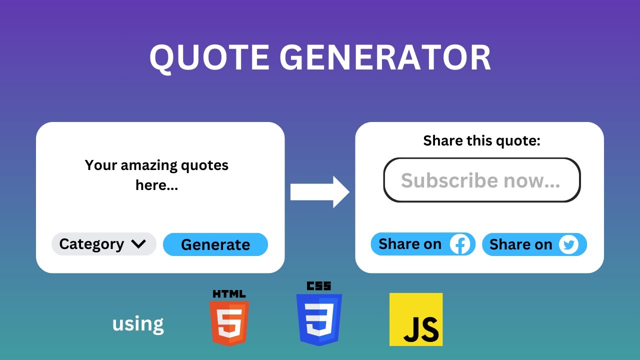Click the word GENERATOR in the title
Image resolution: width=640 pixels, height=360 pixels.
point(384,58)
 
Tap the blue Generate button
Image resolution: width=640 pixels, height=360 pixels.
point(215,244)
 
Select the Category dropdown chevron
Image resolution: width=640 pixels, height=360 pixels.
point(138,244)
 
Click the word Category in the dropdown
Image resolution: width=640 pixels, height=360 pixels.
point(91,244)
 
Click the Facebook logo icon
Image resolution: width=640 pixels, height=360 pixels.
point(460,244)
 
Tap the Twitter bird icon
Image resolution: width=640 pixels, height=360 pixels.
point(568,244)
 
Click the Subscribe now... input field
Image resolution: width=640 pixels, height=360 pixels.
point(481,180)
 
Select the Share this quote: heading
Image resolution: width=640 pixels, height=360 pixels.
point(481,141)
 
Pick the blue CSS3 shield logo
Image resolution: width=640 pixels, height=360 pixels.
point(319,319)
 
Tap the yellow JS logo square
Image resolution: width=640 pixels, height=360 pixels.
point(416,319)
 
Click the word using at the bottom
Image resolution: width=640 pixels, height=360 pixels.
point(138,324)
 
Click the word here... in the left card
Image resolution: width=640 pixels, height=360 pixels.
point(157,185)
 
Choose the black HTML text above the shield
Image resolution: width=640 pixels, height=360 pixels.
point(229,293)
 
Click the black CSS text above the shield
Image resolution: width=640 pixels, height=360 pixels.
point(319,286)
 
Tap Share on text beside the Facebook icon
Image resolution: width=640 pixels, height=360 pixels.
point(410,244)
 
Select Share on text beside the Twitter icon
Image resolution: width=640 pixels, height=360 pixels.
point(520,244)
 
